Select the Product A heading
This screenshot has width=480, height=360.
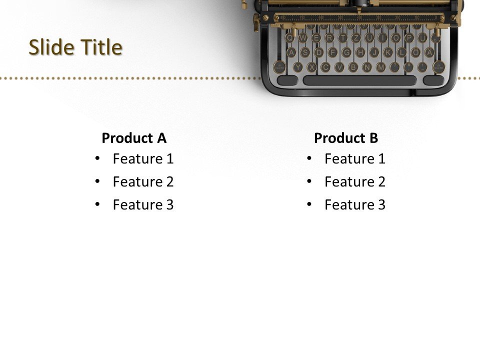[134, 138]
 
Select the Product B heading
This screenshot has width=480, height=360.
[346, 138]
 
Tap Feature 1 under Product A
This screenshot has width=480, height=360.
[143, 159]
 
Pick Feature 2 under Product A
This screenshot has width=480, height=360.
[143, 182]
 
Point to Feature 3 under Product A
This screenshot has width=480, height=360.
[143, 205]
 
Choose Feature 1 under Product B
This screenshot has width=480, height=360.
[355, 159]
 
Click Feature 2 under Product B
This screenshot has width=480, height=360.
[355, 182]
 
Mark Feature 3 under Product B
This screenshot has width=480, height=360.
[355, 205]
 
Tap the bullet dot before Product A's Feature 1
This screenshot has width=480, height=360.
[97, 158]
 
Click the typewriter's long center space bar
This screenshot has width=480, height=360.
[359, 80]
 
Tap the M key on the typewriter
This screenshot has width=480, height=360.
[380, 66]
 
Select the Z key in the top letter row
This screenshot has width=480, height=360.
[356, 38]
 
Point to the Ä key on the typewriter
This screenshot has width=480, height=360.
[428, 52]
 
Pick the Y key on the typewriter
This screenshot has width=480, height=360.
[298, 66]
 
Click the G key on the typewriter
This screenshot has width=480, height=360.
[346, 52]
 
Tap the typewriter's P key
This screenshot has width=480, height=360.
[409, 38]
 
